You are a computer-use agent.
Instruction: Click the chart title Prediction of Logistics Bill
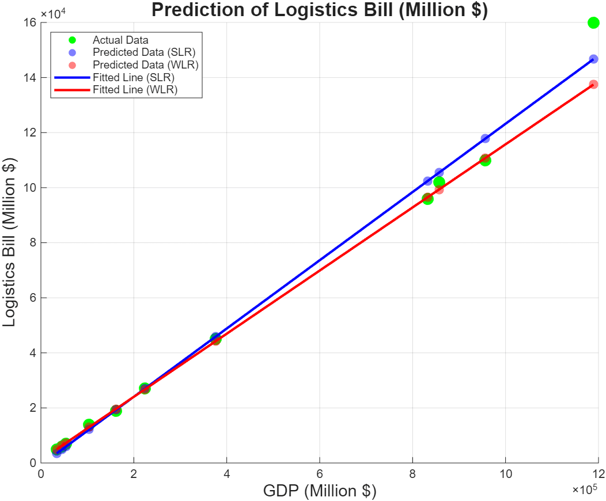pos(319,10)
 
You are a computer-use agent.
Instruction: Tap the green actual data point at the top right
pos(593,22)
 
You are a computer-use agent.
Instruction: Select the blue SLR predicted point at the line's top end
pos(593,59)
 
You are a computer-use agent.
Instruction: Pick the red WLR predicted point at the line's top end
pos(593,84)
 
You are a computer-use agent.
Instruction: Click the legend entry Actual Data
pos(120,40)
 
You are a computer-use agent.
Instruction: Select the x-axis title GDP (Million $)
pos(320,491)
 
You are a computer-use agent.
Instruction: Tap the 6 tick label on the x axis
pos(320,472)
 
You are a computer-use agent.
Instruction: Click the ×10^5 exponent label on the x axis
pos(584,489)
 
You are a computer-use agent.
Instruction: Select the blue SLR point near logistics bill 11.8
pos(485,138)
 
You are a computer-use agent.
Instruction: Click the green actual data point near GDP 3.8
pos(215,339)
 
